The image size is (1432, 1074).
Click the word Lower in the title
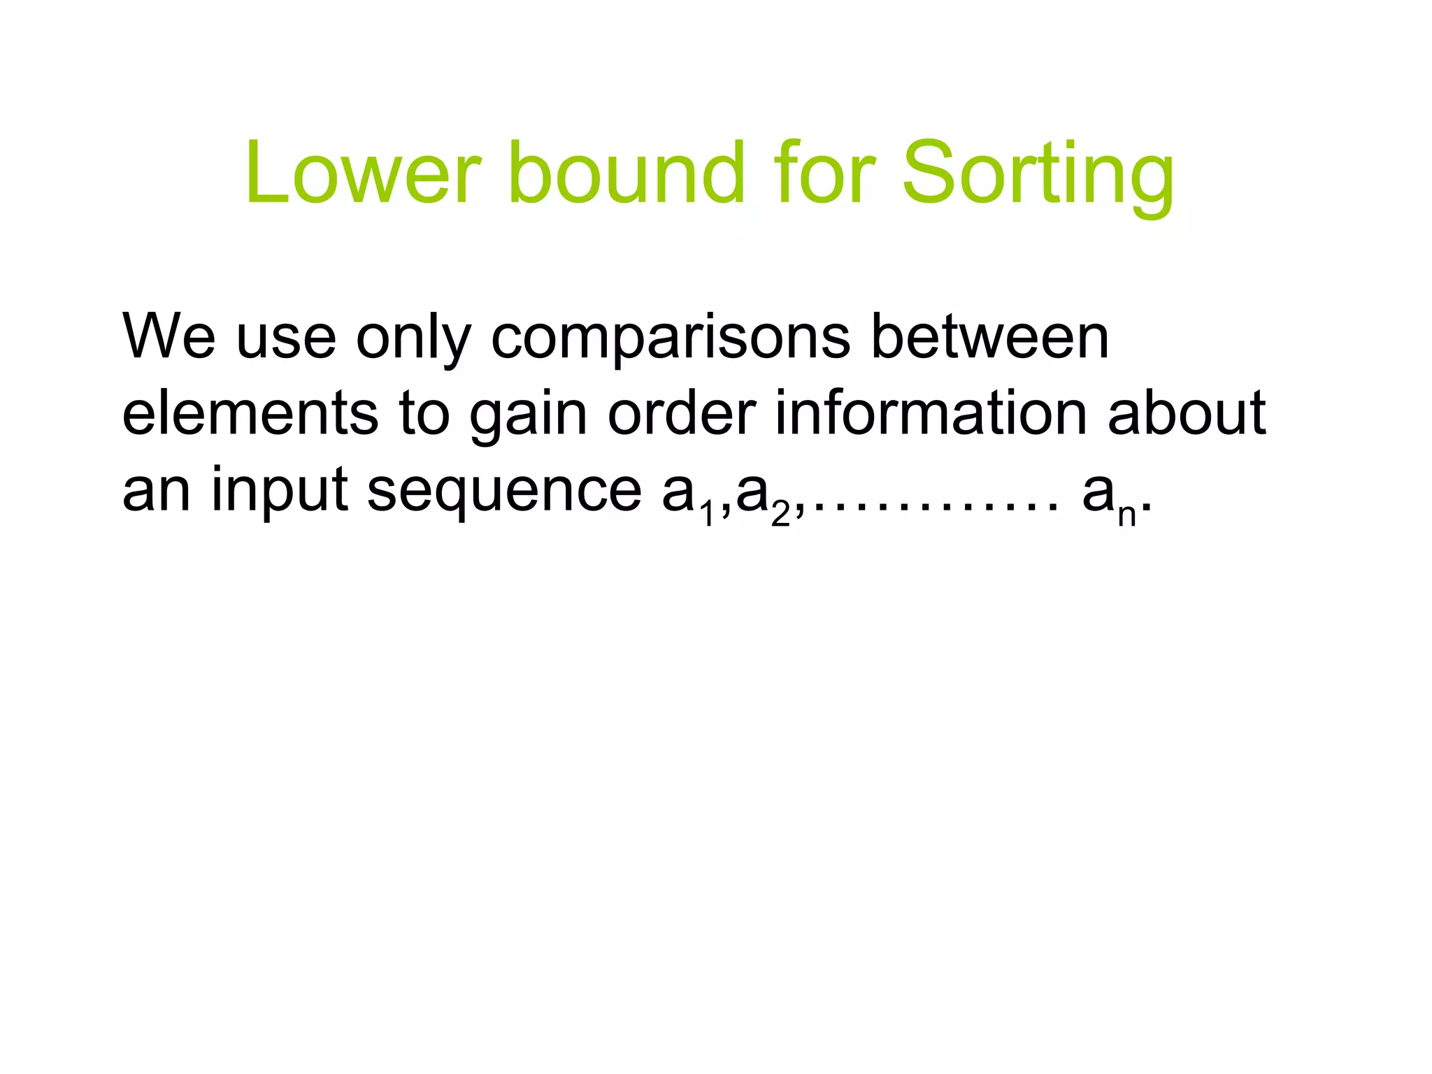[x=363, y=173]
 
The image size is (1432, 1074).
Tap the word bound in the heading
[x=626, y=173]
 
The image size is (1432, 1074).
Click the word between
[x=989, y=337]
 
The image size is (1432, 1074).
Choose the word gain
[x=528, y=417]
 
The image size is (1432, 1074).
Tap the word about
[x=1187, y=414]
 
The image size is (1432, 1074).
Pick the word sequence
[x=504, y=493]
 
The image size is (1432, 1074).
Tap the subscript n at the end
[x=1126, y=515]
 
